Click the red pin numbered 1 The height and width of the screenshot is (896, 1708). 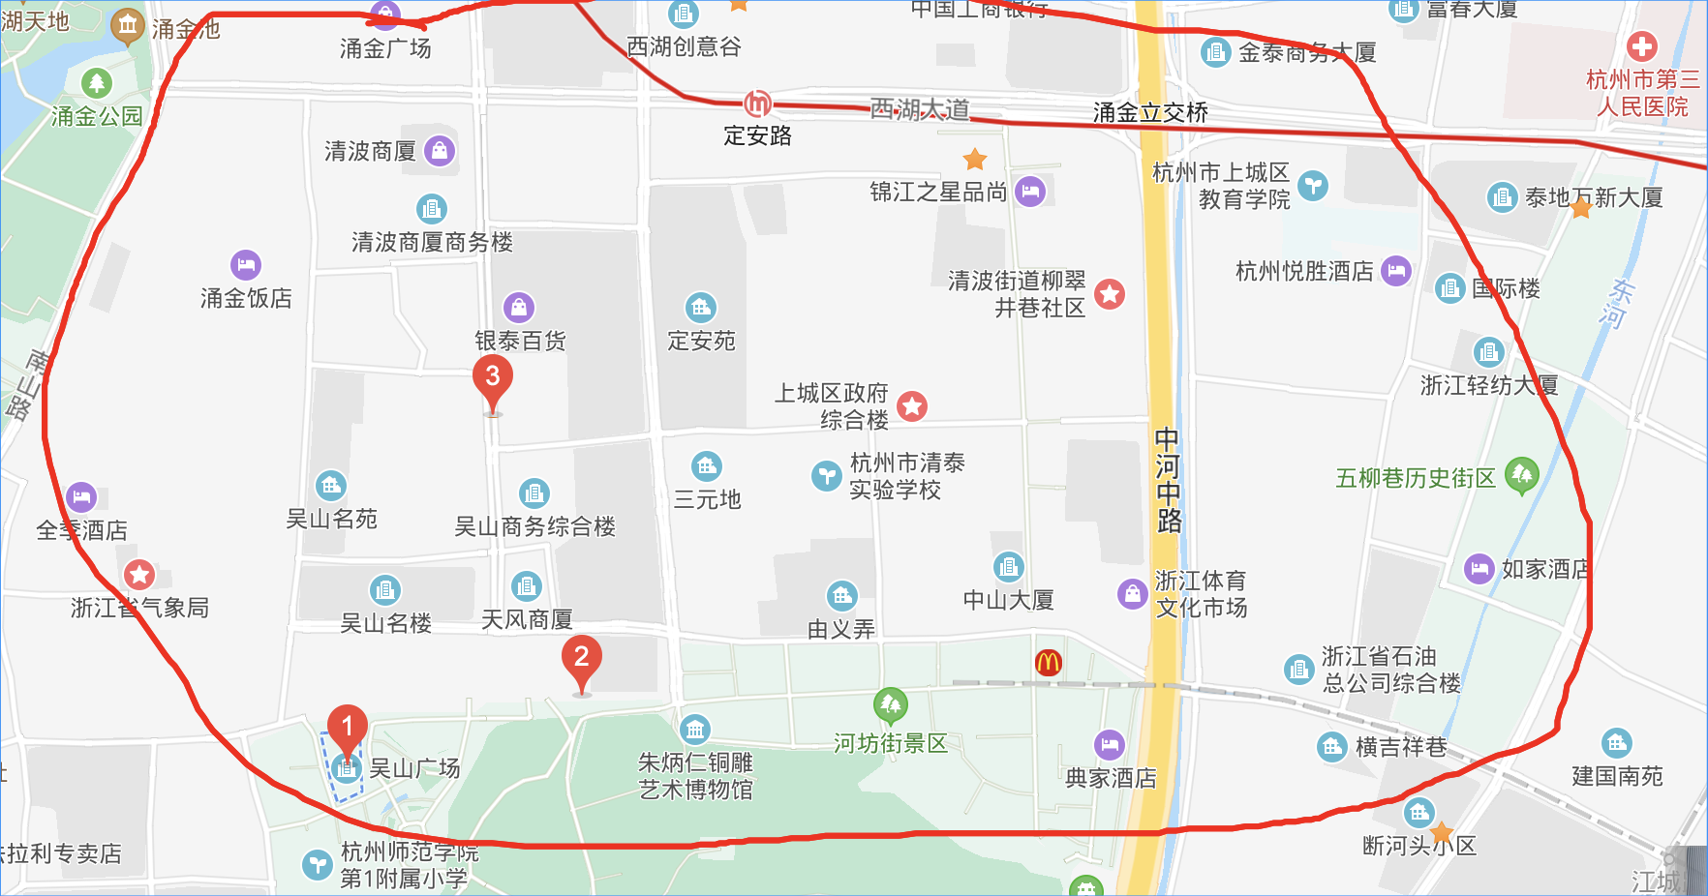(x=347, y=729)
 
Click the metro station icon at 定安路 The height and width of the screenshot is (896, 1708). (x=757, y=104)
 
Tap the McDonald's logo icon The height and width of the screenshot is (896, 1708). (x=1048, y=662)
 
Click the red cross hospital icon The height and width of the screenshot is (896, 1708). (x=1641, y=45)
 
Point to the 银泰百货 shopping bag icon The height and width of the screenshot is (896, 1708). (x=519, y=308)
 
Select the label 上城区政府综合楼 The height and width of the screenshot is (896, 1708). (x=831, y=406)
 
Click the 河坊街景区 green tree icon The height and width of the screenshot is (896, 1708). (x=890, y=704)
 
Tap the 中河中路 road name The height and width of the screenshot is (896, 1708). (x=1168, y=481)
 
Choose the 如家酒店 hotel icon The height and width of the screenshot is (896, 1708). (x=1479, y=568)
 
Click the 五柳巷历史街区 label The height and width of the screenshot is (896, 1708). (x=1415, y=478)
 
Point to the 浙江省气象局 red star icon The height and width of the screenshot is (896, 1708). (x=139, y=575)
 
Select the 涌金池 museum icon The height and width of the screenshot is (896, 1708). (x=127, y=26)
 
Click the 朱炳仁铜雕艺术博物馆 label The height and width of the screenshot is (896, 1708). (x=695, y=776)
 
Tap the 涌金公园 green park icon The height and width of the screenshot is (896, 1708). (x=96, y=83)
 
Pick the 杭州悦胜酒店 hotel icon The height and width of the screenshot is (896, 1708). (x=1395, y=271)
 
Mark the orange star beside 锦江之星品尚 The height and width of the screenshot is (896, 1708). (x=975, y=159)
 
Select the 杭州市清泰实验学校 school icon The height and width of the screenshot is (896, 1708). (x=826, y=475)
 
